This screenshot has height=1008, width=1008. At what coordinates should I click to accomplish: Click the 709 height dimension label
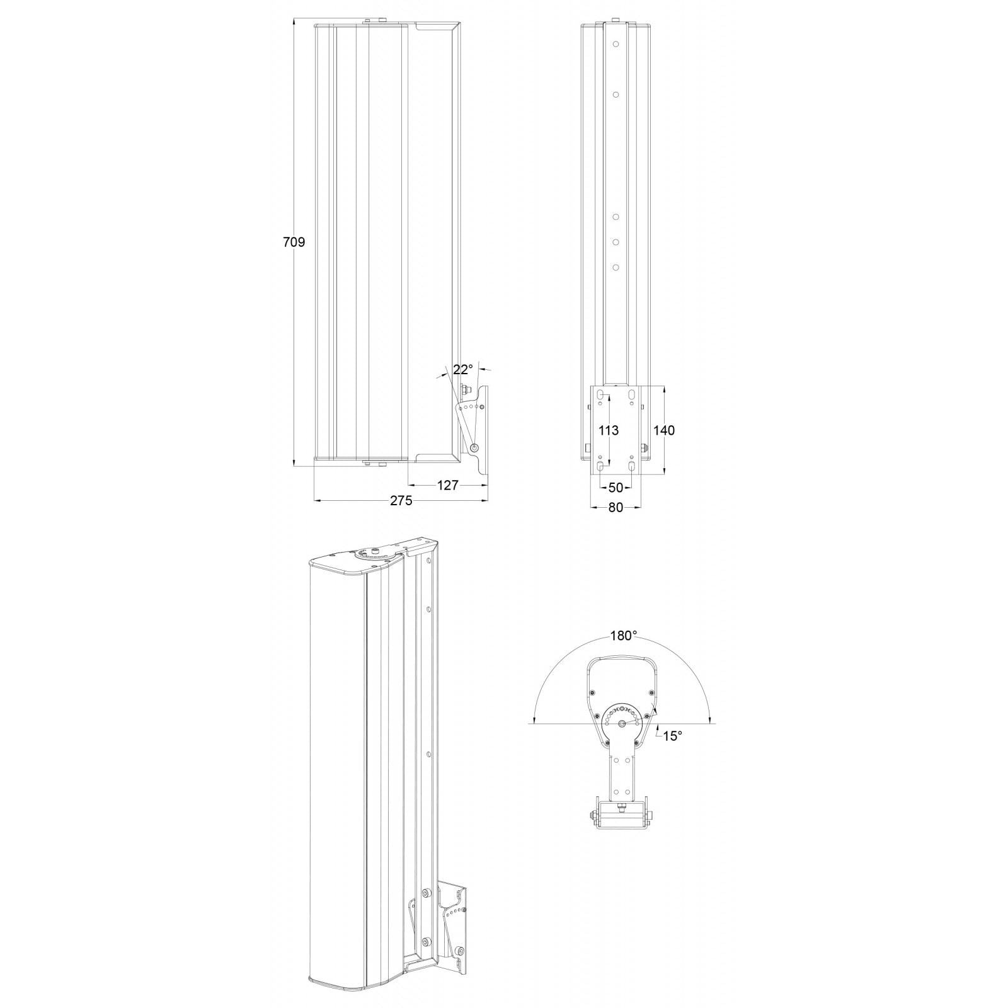tap(294, 242)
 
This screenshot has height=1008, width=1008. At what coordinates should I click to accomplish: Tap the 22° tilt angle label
tap(462, 369)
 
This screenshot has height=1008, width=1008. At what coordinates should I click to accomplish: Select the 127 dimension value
tap(448, 485)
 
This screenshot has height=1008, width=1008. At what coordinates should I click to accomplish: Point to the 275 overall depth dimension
tap(401, 501)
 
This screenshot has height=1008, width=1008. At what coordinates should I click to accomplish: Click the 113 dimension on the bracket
tap(608, 430)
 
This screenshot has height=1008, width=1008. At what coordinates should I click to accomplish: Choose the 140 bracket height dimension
tap(664, 430)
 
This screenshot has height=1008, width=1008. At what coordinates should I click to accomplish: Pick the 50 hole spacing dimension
tap(616, 488)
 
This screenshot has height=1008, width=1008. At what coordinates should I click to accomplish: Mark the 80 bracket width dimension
tap(616, 507)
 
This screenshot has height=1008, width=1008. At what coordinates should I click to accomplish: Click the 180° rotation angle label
tap(624, 636)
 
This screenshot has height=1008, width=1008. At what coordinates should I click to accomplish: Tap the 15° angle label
tap(672, 735)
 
